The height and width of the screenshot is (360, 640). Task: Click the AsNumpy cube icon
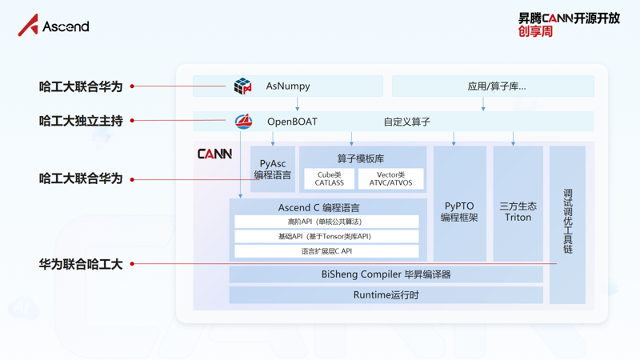[x=242, y=86]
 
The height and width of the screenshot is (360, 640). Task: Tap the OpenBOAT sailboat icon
[x=243, y=122]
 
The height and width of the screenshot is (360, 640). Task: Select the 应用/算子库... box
[x=493, y=86]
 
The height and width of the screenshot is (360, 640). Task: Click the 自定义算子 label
[x=406, y=122]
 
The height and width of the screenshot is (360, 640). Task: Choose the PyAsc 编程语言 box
[x=273, y=169]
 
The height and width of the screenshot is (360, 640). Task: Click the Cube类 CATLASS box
[x=329, y=178]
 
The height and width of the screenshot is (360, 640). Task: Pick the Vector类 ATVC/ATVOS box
[x=390, y=178]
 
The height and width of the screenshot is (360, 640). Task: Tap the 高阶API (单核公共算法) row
[x=326, y=222]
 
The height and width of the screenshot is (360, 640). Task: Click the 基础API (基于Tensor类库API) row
[x=326, y=236]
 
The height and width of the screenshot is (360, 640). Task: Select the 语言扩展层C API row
[x=326, y=250]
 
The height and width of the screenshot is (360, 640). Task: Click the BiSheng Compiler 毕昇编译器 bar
[x=386, y=274]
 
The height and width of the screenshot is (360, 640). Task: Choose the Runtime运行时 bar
[x=386, y=294]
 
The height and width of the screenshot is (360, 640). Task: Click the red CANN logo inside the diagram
[x=214, y=154]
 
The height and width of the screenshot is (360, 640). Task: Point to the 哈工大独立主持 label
[x=81, y=121]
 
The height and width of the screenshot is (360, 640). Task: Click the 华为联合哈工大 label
[x=81, y=263]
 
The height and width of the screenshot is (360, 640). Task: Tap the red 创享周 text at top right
[x=535, y=31]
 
